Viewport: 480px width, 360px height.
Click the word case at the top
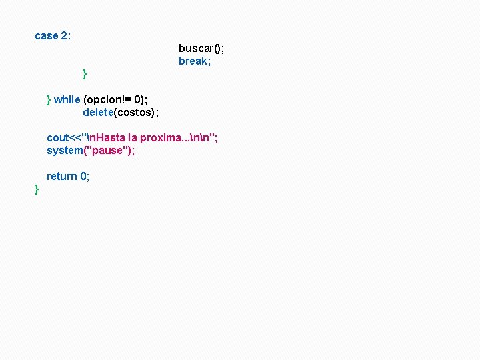click(46, 36)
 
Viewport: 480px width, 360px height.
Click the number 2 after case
click(65, 36)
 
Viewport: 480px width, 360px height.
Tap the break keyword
click(193, 61)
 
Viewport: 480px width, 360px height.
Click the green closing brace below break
click(85, 73)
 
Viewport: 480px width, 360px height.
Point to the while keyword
click(67, 99)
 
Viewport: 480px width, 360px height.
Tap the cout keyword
click(57, 137)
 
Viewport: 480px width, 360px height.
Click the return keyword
click(61, 176)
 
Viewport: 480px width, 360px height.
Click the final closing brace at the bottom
click(37, 191)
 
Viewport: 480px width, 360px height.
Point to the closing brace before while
click(49, 99)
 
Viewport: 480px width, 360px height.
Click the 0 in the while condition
click(148, 99)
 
